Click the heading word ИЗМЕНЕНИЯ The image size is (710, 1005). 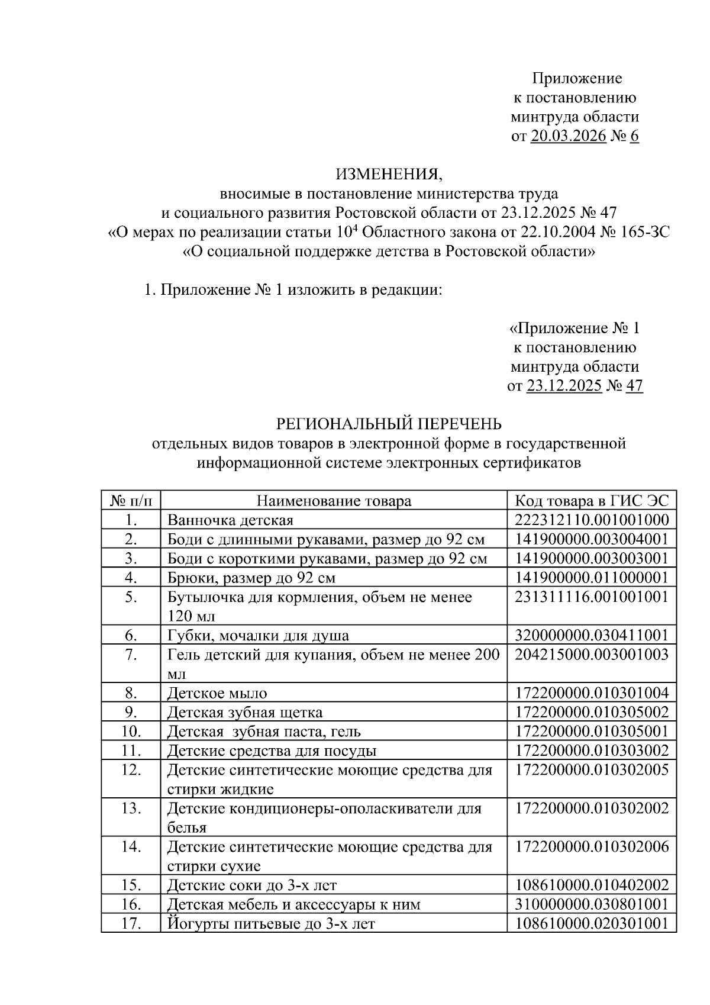click(389, 174)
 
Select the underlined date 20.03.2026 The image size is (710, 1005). click(568, 136)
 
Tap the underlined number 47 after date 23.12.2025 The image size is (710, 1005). click(634, 386)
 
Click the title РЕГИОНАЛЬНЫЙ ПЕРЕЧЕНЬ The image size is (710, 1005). click(389, 424)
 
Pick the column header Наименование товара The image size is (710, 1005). click(334, 501)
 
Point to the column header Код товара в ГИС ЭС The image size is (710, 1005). click(592, 501)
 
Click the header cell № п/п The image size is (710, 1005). click(131, 501)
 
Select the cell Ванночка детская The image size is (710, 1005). click(231, 520)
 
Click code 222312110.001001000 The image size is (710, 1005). click(592, 520)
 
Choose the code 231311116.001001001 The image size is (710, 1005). click(592, 597)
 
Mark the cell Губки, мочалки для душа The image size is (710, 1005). click(258, 636)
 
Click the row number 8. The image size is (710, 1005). click(131, 692)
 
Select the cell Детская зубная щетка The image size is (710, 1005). click(245, 712)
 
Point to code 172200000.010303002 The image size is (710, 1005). click(592, 750)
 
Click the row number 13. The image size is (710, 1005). click(131, 808)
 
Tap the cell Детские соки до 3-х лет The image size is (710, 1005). click(252, 885)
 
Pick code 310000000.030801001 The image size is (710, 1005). click(592, 904)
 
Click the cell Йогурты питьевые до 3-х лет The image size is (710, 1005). click(271, 923)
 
